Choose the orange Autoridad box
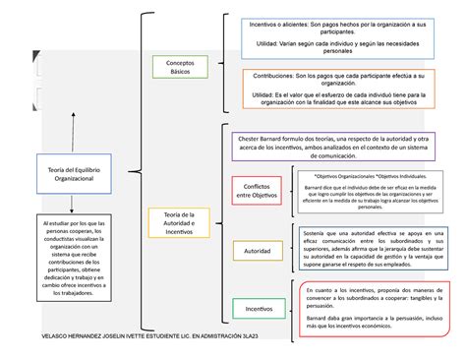pos(258,251)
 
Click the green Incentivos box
pos(258,308)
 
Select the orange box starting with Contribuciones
pos(335,93)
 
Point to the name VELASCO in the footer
pos(41,337)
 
